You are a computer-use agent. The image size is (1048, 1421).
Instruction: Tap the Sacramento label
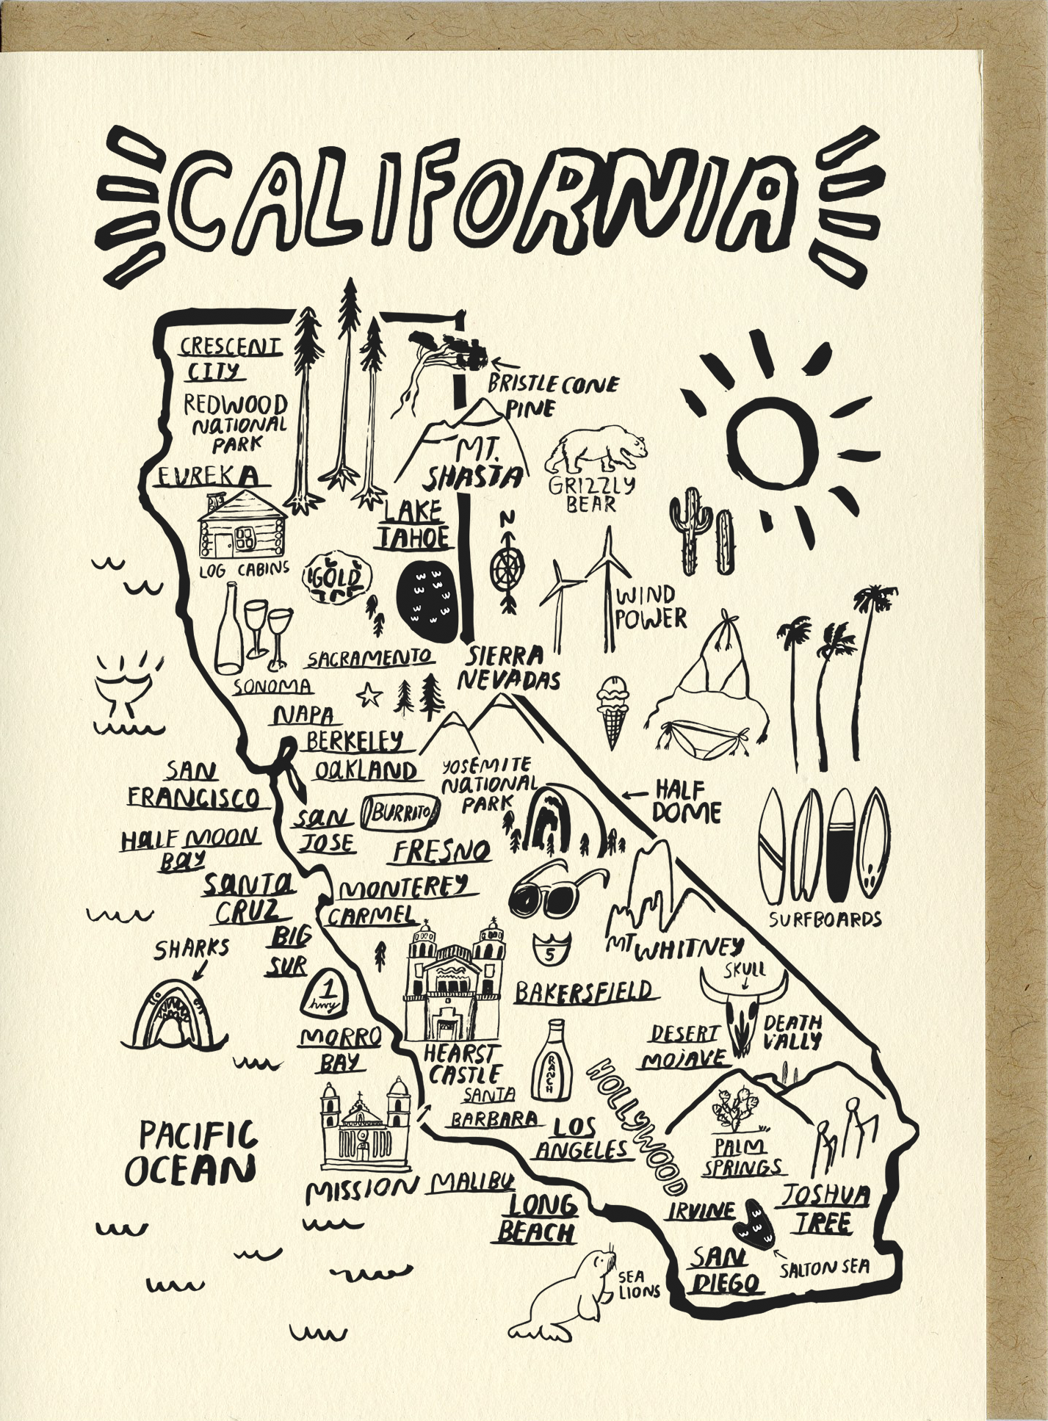pos(369,657)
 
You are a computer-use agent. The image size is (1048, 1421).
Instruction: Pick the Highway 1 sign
pos(323,992)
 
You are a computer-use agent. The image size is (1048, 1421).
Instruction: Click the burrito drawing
pos(402,812)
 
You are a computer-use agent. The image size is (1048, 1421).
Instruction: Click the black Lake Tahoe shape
pos(425,601)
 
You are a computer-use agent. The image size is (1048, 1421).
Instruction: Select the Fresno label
pos(441,852)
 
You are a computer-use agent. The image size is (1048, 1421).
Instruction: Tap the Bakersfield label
pos(583,992)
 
